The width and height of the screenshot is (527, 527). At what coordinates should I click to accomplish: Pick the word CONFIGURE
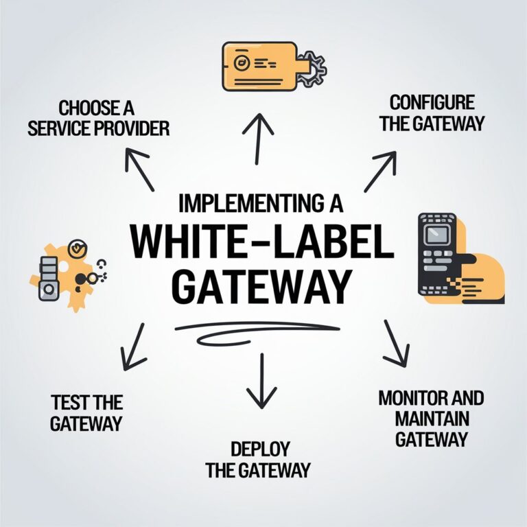[432, 103]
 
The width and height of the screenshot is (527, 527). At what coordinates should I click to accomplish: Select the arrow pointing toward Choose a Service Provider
[139, 168]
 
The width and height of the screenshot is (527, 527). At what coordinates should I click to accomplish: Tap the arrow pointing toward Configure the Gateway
[382, 172]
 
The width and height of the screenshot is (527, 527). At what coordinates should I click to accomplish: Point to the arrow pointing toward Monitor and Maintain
[396, 343]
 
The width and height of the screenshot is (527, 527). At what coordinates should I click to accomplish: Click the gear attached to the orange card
[313, 67]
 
